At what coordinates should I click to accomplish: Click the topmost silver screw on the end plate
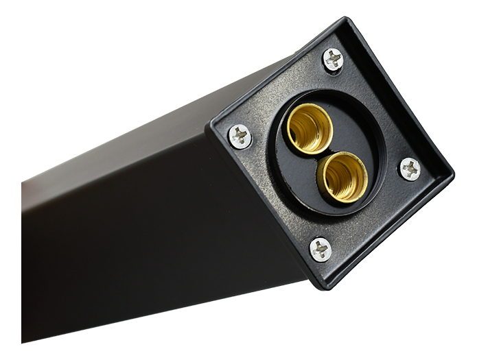point(333,60)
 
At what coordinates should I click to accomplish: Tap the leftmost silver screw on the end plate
point(240,136)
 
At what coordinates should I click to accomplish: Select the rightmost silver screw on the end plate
point(410,168)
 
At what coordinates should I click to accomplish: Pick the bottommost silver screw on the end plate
point(321,249)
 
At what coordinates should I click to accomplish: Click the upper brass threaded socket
point(310,128)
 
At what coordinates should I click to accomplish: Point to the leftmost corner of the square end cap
point(211,125)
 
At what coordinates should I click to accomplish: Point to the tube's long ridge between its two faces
point(117,162)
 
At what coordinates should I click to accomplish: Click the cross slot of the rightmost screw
point(410,168)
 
